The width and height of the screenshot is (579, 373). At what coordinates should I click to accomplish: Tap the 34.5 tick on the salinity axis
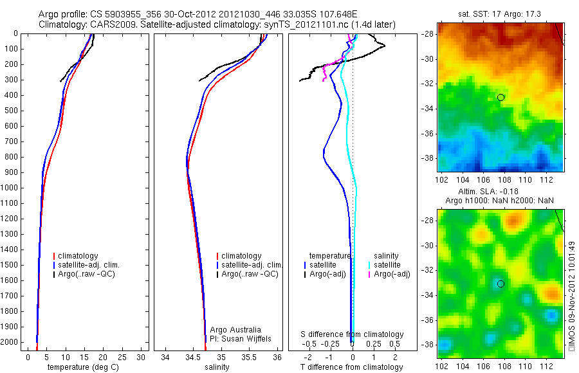click(x=193, y=356)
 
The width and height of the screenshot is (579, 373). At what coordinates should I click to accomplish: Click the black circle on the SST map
click(x=501, y=97)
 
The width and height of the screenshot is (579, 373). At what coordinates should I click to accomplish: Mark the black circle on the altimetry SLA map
click(x=501, y=284)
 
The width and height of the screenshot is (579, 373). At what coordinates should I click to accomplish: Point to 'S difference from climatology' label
click(x=353, y=334)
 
